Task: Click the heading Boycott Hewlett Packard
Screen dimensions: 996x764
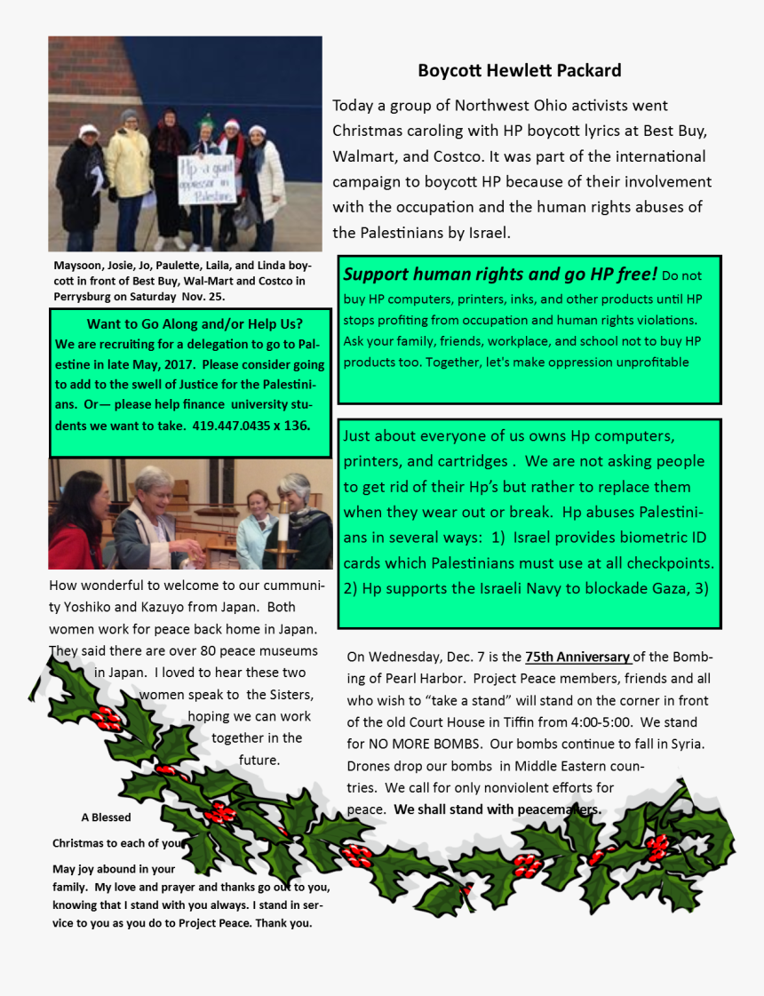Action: (x=519, y=70)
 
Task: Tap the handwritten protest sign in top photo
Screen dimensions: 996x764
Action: (x=206, y=181)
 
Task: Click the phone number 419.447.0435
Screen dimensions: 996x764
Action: (x=235, y=426)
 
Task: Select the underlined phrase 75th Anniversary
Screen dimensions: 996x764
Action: (x=577, y=657)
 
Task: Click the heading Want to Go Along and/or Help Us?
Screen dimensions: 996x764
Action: (x=195, y=323)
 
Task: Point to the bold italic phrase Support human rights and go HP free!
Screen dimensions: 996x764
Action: (x=500, y=274)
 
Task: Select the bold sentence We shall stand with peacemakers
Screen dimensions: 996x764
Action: (x=497, y=809)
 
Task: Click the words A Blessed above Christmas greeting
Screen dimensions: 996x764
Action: (x=106, y=817)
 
